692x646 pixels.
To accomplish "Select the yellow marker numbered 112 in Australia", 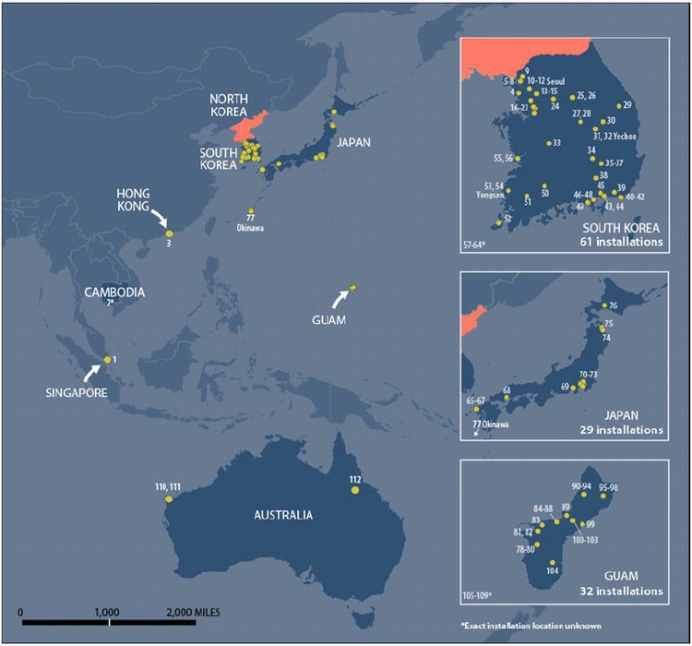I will (355, 490).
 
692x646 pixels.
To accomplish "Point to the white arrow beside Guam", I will (339, 297).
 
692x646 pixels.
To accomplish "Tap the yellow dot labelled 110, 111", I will (168, 498).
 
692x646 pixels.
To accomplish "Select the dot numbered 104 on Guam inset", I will (553, 562).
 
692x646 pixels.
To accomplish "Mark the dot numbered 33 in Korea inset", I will (547, 143).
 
